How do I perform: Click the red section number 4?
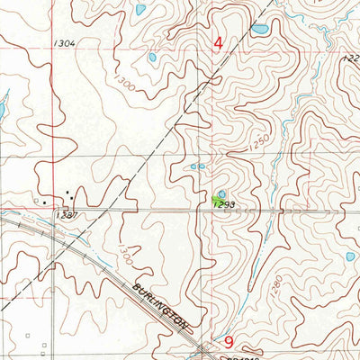point(219,42)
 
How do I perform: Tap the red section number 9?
point(229,342)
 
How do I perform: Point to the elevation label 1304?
point(64,43)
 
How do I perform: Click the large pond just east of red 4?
point(259,30)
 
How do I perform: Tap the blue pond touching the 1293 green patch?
point(221,193)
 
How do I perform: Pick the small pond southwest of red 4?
point(152,58)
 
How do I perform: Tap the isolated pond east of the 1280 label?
point(349,256)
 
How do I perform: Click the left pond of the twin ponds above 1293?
point(193,166)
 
